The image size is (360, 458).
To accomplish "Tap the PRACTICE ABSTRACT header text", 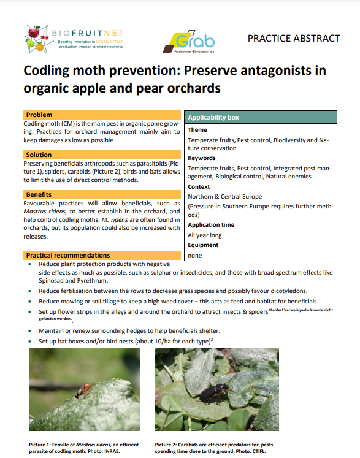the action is click(293, 38).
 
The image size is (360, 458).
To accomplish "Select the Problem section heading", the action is click(39, 115).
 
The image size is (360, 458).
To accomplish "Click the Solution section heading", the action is click(40, 155).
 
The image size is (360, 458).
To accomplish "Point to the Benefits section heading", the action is click(40, 195).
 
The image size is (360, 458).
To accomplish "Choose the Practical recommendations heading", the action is click(67, 255).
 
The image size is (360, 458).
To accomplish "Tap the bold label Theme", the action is click(197, 130).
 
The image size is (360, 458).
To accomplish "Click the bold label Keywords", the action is click(202, 158).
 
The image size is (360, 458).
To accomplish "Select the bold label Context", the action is click(199, 186).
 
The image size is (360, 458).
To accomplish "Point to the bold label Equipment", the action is click(205, 245).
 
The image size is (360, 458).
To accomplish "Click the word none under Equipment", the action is click(195, 255).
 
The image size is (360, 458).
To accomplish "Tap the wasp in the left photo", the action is click(86, 387).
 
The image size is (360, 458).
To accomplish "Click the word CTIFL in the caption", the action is click(258, 451).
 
